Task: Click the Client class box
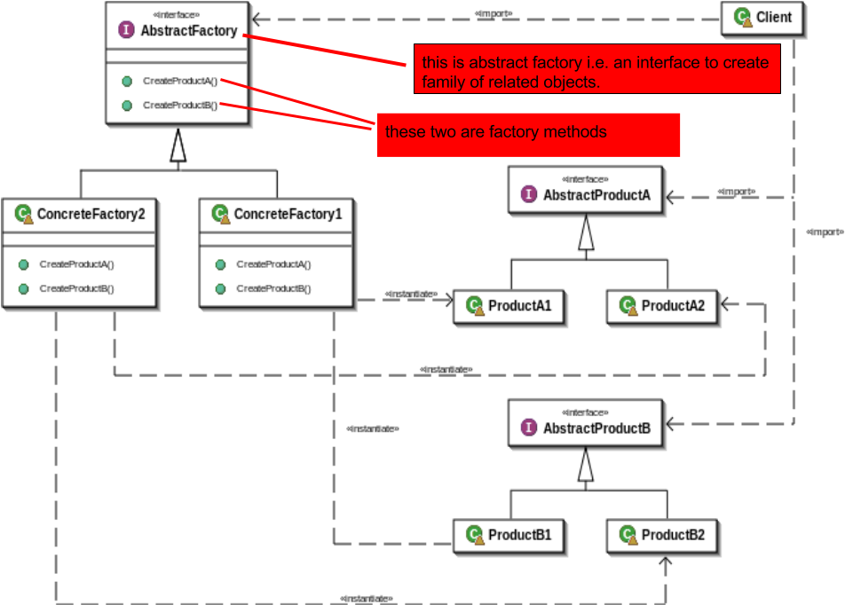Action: click(763, 18)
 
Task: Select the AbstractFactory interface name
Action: click(188, 31)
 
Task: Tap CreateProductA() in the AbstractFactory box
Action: click(180, 81)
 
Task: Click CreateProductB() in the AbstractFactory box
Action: click(180, 106)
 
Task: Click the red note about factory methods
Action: click(528, 134)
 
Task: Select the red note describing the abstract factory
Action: click(596, 71)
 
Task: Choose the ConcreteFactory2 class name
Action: click(90, 215)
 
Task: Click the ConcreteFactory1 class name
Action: click(287, 215)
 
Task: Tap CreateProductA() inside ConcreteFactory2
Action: click(76, 264)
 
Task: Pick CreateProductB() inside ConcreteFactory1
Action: click(273, 288)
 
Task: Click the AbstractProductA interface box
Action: click(586, 190)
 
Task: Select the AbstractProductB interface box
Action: click(586, 423)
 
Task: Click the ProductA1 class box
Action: click(509, 307)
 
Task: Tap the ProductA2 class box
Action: click(663, 307)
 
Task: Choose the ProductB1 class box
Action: click(509, 536)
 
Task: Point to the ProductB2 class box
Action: click(663, 536)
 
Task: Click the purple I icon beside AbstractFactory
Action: click(126, 31)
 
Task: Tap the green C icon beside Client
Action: click(743, 18)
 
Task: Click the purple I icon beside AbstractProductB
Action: click(529, 428)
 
